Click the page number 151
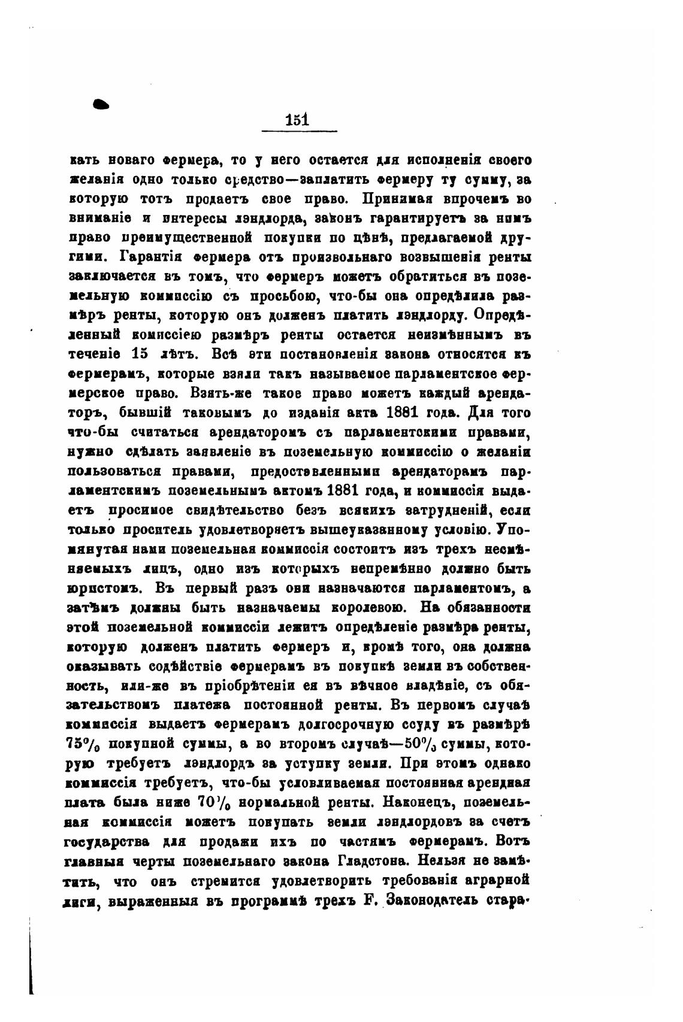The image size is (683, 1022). click(298, 119)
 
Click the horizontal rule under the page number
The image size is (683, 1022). click(300, 131)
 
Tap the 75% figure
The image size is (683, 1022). click(83, 744)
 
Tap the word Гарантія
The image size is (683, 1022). click(147, 257)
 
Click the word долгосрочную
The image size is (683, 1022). click(345, 724)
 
